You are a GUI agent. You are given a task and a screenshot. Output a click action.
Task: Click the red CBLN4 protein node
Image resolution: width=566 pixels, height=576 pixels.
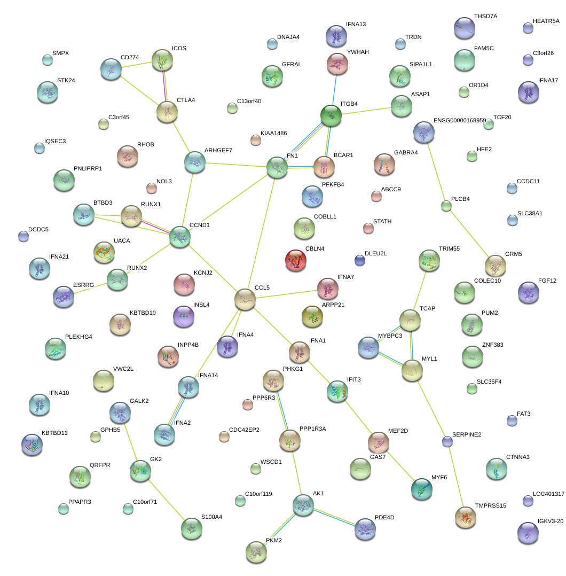(297, 260)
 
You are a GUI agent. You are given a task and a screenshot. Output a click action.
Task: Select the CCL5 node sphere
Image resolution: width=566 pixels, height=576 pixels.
(245, 299)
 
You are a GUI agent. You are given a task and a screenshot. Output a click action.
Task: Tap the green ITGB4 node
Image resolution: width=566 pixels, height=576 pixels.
(331, 115)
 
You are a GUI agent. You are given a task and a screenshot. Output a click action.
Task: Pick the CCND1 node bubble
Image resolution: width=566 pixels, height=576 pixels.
(180, 236)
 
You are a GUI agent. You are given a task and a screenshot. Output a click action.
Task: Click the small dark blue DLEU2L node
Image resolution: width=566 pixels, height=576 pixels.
(360, 260)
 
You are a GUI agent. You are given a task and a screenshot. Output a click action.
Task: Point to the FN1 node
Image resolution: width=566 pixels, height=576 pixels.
(277, 167)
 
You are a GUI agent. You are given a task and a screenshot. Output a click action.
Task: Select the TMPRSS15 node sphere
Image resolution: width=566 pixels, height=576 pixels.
(465, 517)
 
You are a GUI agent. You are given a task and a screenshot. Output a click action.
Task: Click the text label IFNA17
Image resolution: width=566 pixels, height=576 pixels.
(548, 80)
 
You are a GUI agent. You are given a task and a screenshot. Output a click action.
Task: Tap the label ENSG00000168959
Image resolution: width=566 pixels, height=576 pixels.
(459, 120)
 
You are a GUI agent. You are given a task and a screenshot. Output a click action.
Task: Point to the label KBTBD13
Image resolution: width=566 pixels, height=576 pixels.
(54, 433)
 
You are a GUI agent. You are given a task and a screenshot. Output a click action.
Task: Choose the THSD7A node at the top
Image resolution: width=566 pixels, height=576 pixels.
(463, 28)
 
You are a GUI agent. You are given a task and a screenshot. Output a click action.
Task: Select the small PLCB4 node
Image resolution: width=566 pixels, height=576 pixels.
(446, 206)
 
